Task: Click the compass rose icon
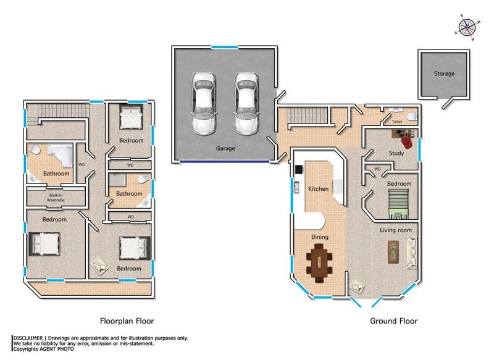coord(467,28)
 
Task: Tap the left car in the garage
coord(204,104)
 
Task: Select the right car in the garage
coord(246,104)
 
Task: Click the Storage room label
coord(444,73)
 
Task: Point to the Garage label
coord(225,148)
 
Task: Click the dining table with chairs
coord(319,263)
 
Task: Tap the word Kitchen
coord(318,189)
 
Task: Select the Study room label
coord(396,153)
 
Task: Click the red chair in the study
coord(406,142)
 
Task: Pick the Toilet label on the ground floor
coord(396,122)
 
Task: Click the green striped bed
coord(398,204)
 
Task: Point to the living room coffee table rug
coord(393,252)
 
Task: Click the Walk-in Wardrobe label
coord(56,198)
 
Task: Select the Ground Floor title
coord(393,321)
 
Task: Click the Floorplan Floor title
coord(127,321)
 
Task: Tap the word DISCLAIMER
coord(28,338)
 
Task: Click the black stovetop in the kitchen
coord(299,169)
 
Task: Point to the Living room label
coord(396,230)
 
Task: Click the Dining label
coord(320,237)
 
